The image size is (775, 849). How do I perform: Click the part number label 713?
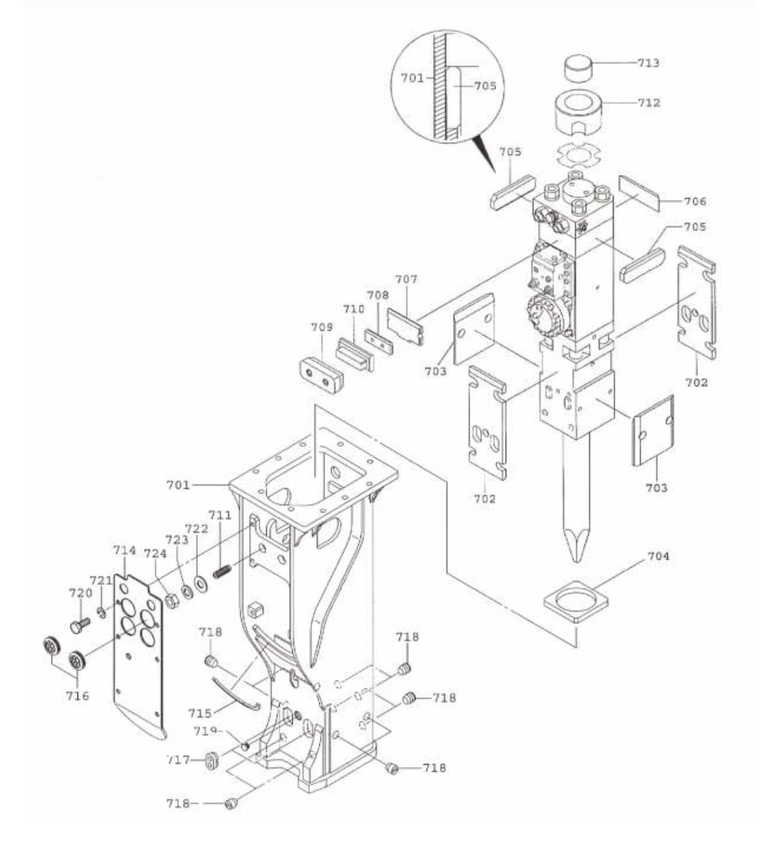648,63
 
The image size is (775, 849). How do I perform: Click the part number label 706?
695,202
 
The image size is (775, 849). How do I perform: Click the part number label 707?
406,279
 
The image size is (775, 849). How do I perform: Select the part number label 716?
78,696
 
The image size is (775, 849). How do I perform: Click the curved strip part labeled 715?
236,694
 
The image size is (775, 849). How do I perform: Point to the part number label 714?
124,551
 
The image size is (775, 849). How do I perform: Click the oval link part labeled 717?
212,760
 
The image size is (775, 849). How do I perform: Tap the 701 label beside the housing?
178,485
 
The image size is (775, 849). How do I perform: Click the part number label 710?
353,309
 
